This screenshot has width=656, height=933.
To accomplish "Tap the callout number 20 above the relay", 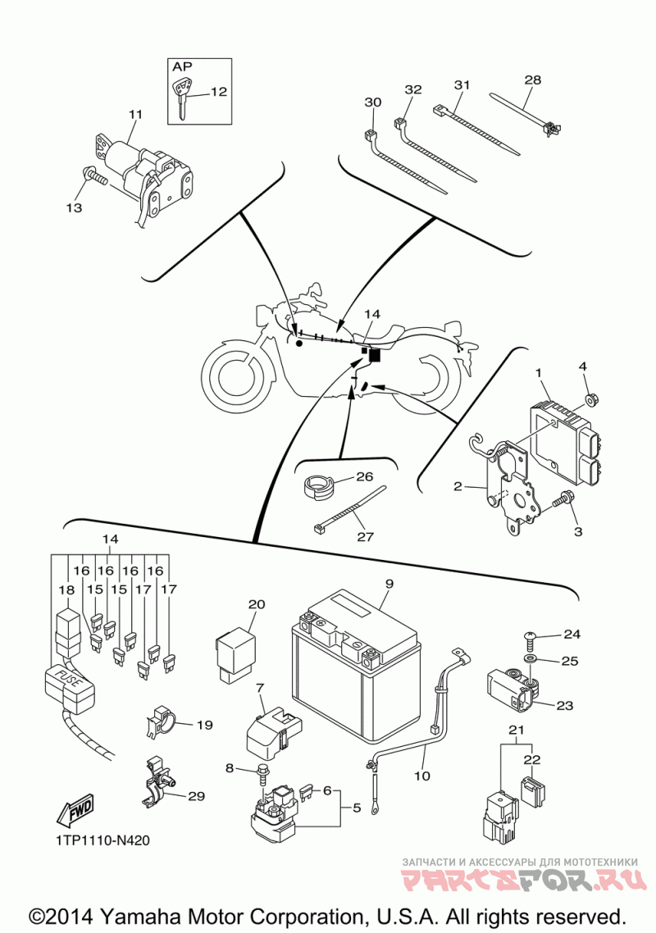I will (257, 605).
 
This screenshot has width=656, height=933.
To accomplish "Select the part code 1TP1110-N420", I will (103, 840).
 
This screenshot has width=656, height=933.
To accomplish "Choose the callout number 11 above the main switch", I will (135, 114).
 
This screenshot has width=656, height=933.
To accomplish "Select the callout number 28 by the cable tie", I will (533, 80).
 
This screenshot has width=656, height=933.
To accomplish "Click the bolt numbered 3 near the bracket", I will (564, 498).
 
